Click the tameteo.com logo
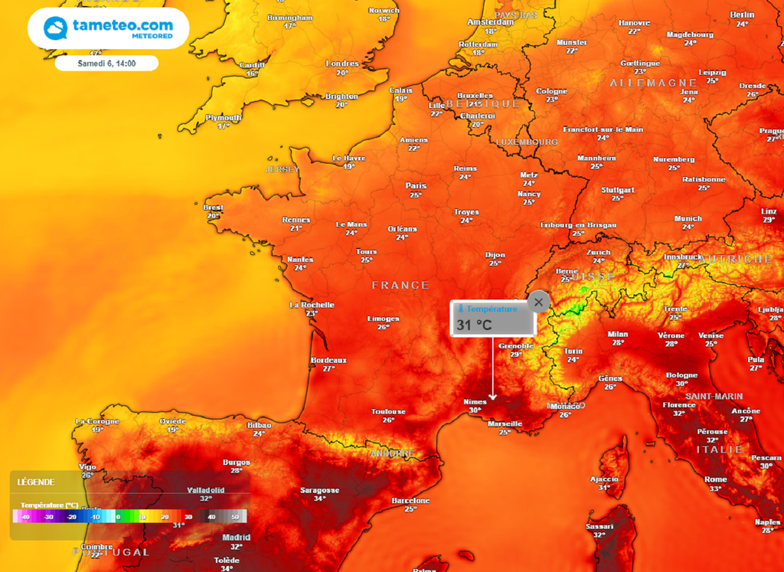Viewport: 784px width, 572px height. pos(108,29)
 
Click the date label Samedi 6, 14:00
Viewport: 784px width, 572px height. pos(106,63)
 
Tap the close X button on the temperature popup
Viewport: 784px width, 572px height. pos(538,302)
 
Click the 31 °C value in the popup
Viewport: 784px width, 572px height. pos(474,325)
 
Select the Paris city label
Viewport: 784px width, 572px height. pos(416,185)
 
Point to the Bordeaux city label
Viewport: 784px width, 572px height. pos(328,360)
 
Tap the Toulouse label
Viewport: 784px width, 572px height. pos(388,411)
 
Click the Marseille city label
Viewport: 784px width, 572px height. pos(505,423)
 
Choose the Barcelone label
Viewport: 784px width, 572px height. pos(410,500)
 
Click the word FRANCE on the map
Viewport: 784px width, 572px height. pos(400,285)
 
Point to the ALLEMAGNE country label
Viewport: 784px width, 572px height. pos(653,83)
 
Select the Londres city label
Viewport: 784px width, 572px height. pos(342,64)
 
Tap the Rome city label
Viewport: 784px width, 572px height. pos(715,479)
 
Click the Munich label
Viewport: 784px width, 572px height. pos(688,218)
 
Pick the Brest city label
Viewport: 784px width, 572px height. pos(213,208)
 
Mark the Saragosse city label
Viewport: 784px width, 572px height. pos(319,490)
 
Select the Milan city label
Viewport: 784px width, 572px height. pos(617,334)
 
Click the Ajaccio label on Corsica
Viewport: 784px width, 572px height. pos(604,479)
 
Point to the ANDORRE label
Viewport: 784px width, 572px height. pos(393,453)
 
